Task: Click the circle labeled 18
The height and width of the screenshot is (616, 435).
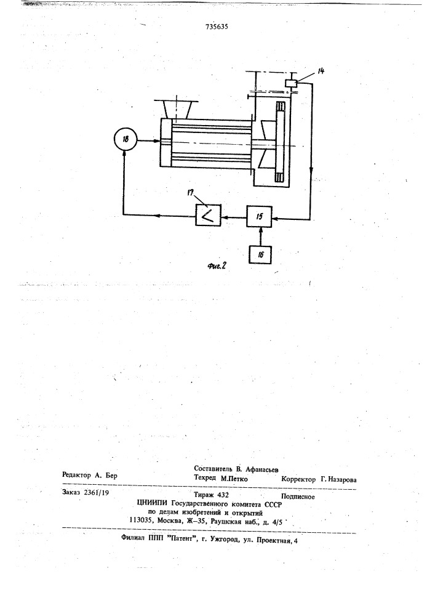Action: tap(125, 139)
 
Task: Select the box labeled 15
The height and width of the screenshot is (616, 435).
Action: tap(259, 216)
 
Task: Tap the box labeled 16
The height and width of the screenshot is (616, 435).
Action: tap(260, 254)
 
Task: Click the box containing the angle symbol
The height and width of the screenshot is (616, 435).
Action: tap(208, 215)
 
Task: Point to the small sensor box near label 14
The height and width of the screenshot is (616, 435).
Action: tap(291, 84)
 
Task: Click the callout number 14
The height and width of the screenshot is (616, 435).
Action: tap(321, 71)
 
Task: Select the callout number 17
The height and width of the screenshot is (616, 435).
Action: tap(191, 193)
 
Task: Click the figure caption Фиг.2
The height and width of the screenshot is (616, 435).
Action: tap(217, 266)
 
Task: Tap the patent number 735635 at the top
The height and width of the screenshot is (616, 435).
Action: tap(217, 27)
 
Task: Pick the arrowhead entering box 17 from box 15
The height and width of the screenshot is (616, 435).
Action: tap(224, 216)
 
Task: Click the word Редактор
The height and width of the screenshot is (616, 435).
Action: tap(76, 475)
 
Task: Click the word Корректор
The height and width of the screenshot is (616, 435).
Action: tap(298, 480)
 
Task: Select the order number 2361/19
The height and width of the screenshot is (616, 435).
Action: tap(97, 493)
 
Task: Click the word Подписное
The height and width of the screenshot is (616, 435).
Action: tap(298, 497)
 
